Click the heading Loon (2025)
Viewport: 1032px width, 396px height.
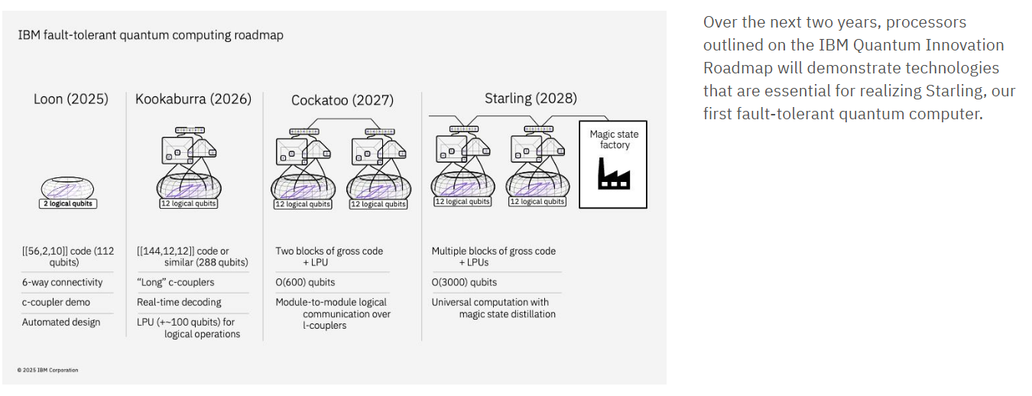click(71, 99)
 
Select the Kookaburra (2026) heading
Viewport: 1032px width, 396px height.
click(193, 99)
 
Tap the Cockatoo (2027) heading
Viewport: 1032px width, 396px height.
click(342, 100)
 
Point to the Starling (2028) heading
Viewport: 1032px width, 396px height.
click(531, 99)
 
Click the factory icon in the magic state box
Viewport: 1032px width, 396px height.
click(613, 174)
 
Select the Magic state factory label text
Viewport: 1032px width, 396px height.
click(614, 140)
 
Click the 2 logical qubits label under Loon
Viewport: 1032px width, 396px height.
click(69, 204)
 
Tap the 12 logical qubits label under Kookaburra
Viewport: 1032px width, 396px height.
click(188, 204)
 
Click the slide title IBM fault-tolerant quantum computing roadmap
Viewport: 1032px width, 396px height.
click(151, 35)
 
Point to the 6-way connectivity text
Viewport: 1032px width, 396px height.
click(61, 282)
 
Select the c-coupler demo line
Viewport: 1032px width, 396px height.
click(56, 302)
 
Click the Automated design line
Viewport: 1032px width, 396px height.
click(61, 322)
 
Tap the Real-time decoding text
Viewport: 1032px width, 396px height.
click(179, 302)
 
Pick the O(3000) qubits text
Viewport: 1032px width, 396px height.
click(464, 282)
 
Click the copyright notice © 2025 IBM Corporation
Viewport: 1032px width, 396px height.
click(47, 370)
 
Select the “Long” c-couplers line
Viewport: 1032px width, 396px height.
click(176, 282)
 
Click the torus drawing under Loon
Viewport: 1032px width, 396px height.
click(69, 187)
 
